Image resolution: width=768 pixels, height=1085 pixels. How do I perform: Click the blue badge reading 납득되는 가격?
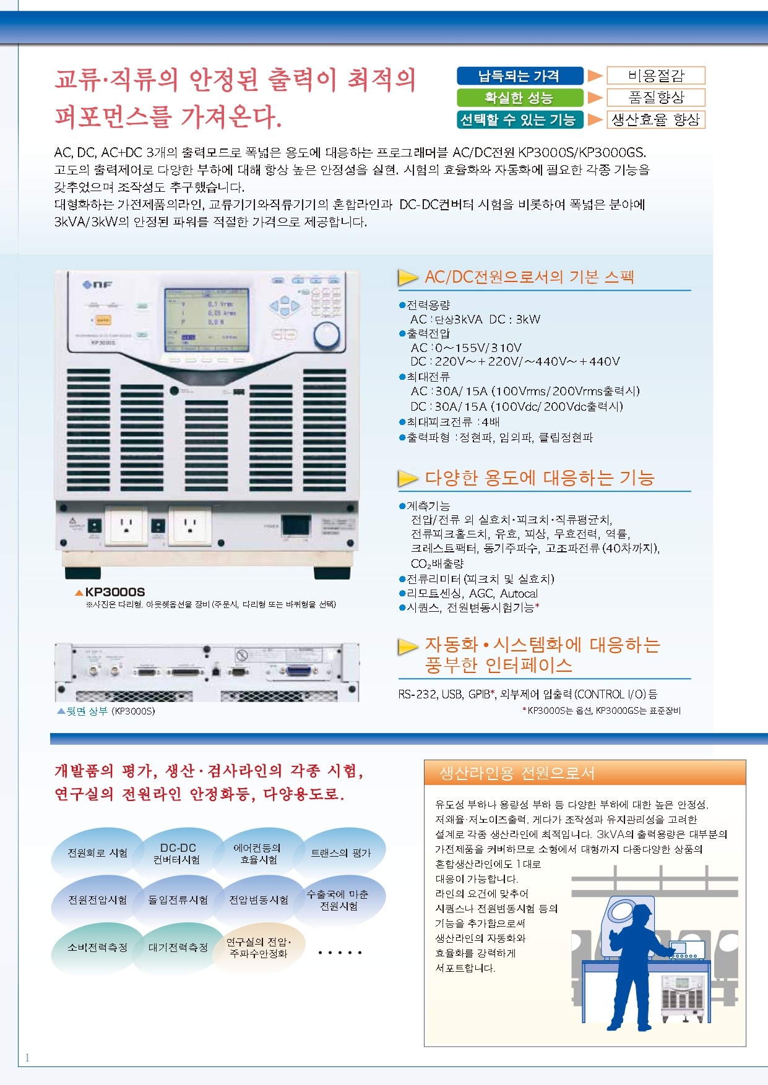pos(520,75)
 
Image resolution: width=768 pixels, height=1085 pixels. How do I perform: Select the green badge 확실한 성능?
pos(520,97)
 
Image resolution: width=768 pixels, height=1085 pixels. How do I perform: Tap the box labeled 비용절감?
pos(656,75)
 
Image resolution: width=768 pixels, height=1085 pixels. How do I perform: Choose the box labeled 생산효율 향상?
pos(656,119)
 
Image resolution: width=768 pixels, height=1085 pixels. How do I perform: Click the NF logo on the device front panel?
pos(97,285)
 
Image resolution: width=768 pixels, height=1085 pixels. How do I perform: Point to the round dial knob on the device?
pos(326,335)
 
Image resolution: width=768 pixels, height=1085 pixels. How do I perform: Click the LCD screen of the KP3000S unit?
pos(207,321)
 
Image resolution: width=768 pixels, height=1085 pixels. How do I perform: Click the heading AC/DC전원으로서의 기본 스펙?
pos(529,277)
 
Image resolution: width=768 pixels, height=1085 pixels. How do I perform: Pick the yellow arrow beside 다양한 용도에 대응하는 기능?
pos(408,478)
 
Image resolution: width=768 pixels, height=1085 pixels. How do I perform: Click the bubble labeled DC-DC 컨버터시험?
pos(178,854)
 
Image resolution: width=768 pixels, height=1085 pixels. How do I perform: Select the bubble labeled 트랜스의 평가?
pos(340,853)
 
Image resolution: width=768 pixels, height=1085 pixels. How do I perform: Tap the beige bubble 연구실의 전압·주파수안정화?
pos(259,948)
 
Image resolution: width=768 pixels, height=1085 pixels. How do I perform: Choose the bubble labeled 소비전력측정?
pos(97,948)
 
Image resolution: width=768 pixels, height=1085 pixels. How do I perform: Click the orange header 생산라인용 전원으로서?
pos(517,773)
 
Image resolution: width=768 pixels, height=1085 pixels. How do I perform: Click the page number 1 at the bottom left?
pos(27,1058)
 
